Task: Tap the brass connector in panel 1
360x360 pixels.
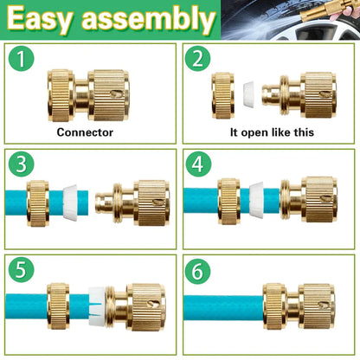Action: pyautogui.click(x=98, y=94)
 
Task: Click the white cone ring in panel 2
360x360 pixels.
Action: pyautogui.click(x=248, y=93)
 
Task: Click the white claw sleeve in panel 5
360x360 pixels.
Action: pyautogui.click(x=100, y=305)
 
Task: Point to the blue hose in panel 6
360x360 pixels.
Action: pyautogui.click(x=221, y=306)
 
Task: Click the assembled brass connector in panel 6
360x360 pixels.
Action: pyautogui.click(x=299, y=306)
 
